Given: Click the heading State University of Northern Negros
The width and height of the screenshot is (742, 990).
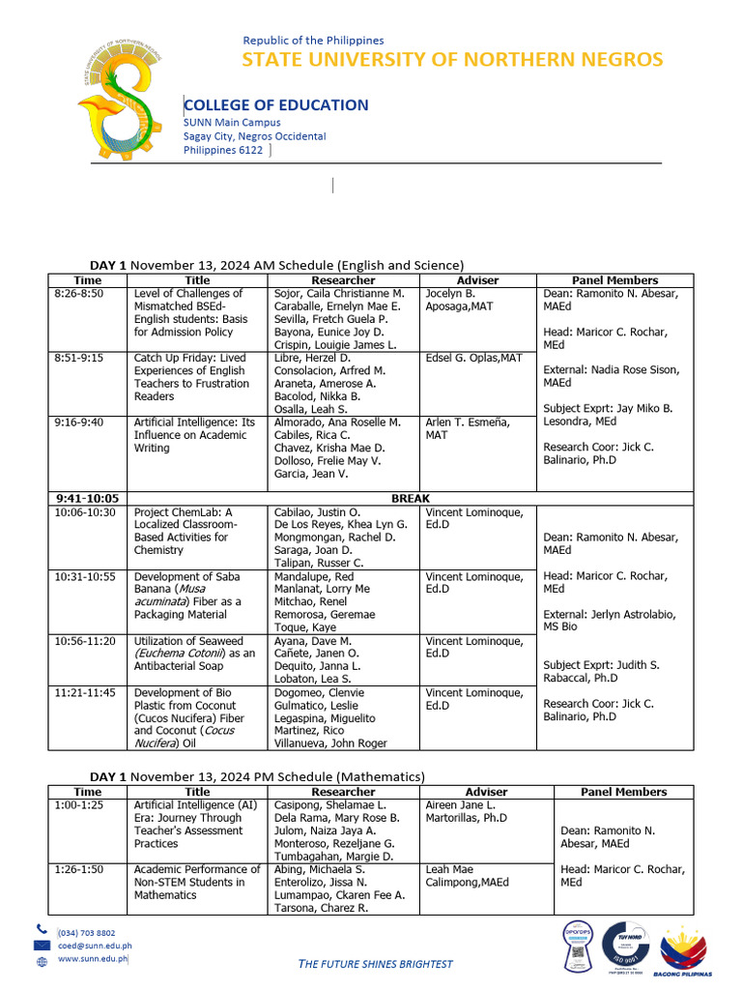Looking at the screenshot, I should [452, 60].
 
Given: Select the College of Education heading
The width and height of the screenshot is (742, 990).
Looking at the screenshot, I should [276, 105].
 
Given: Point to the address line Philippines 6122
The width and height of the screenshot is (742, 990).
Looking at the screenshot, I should [223, 150].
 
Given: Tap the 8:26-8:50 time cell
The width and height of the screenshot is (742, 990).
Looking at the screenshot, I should [79, 293].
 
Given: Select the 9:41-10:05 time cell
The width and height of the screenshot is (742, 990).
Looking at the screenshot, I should [87, 499].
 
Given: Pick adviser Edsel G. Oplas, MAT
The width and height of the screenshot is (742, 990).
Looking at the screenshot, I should [473, 358].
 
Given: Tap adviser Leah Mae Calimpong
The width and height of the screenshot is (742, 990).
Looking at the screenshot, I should [467, 876].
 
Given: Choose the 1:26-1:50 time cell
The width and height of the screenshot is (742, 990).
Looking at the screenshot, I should [79, 869].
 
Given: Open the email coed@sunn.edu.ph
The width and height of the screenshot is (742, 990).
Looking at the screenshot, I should [96, 946].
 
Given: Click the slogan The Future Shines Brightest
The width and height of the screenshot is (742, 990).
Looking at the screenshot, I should [375, 964].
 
